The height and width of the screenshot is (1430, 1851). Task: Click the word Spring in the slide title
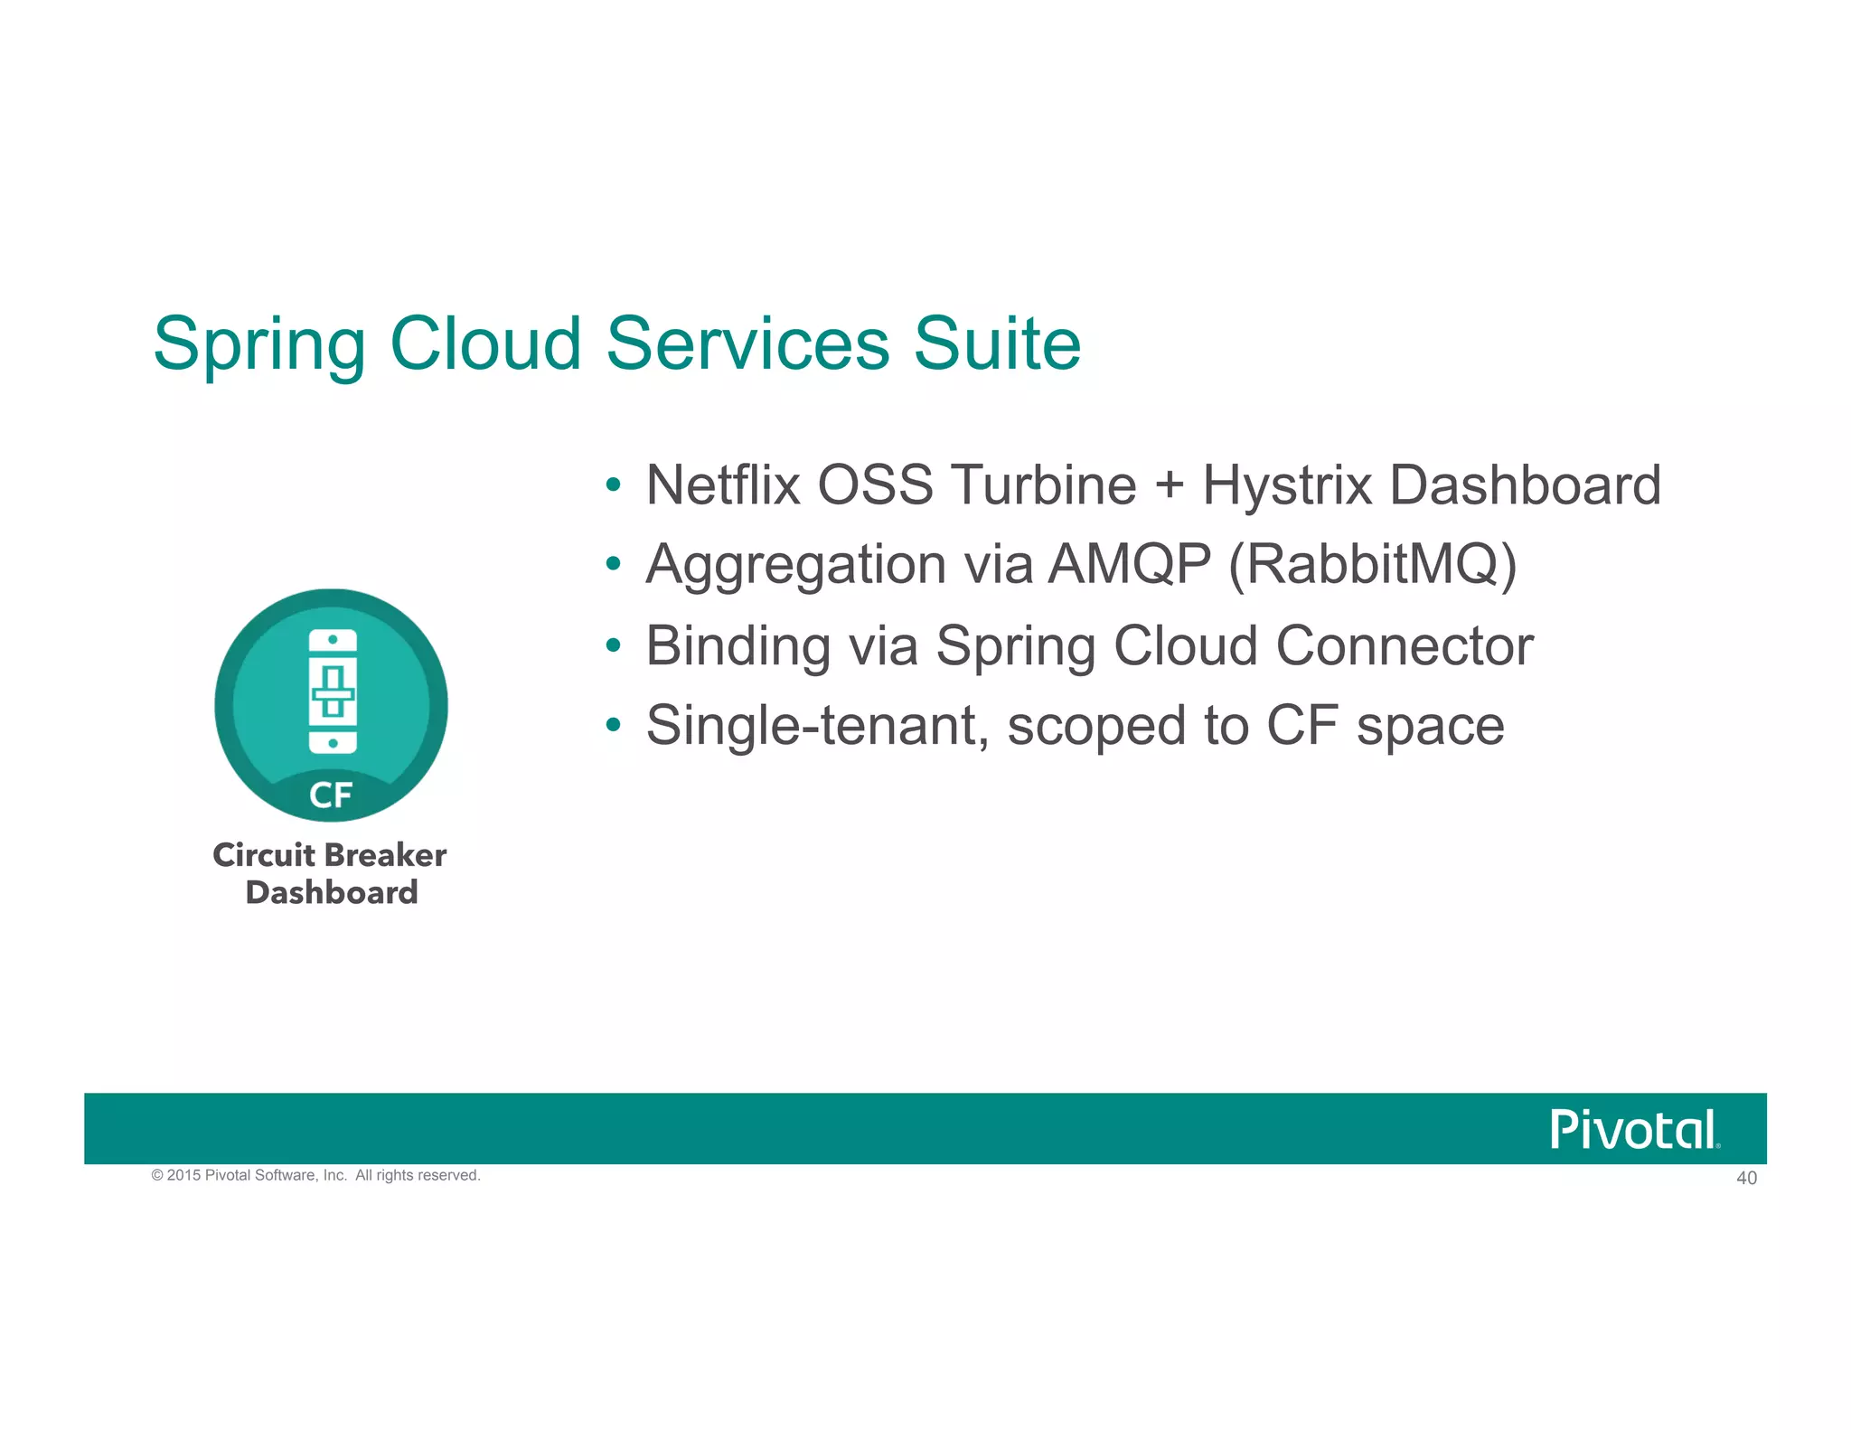(259, 345)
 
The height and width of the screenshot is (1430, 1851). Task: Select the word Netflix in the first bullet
(723, 485)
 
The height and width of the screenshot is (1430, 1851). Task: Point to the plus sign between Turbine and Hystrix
(1169, 485)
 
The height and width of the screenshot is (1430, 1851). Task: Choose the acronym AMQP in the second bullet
(1129, 565)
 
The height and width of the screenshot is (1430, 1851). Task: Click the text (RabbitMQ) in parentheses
(1372, 565)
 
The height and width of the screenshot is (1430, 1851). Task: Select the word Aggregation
(795, 565)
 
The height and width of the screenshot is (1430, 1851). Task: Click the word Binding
(738, 646)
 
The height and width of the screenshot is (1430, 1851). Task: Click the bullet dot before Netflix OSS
(613, 485)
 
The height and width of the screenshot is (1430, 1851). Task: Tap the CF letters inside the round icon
(331, 795)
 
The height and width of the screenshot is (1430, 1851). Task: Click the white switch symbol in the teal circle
(333, 691)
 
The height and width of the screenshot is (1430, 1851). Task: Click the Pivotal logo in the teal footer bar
(1634, 1130)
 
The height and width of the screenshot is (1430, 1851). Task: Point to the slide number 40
(1746, 1178)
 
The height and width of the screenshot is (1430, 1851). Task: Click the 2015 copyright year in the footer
(184, 1175)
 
